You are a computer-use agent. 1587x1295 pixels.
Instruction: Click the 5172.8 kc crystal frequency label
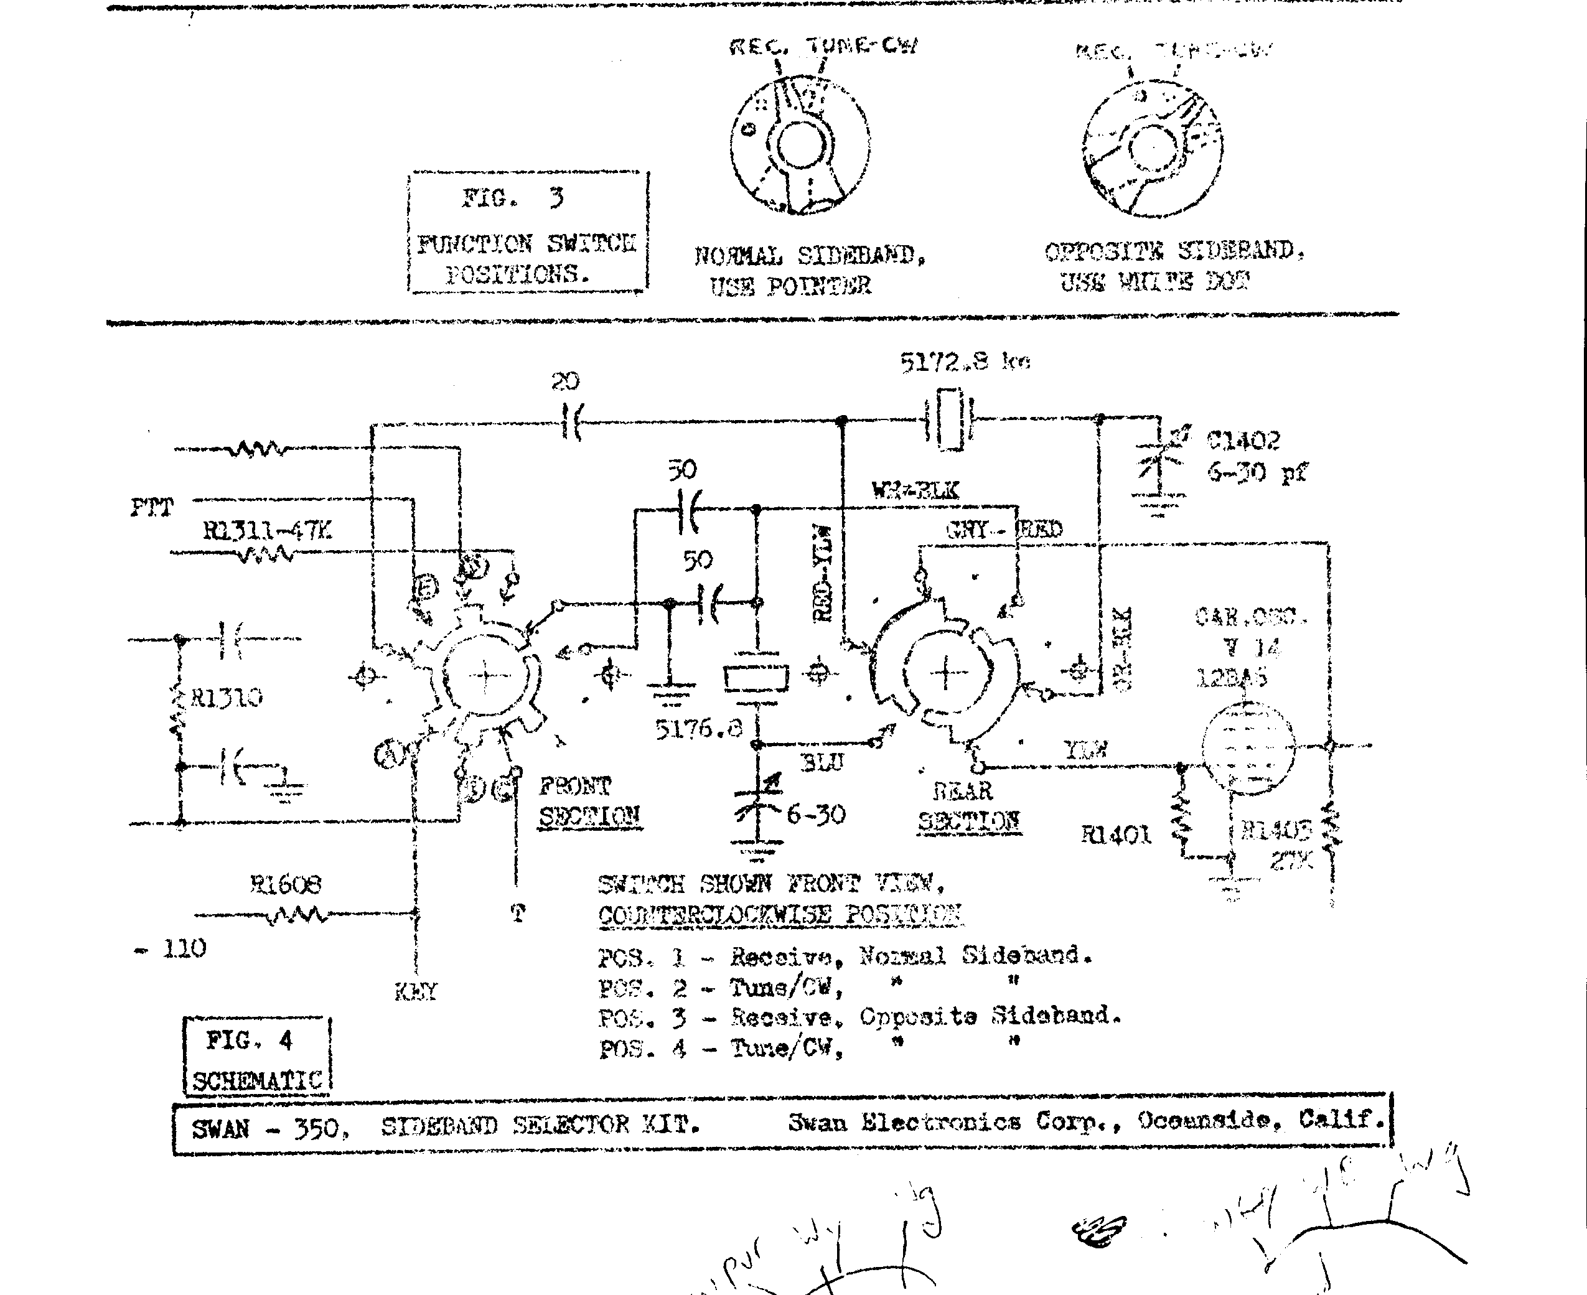click(x=964, y=363)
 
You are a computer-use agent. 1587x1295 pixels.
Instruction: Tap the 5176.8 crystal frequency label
click(x=699, y=729)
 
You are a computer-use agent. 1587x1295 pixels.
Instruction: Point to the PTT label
click(x=151, y=508)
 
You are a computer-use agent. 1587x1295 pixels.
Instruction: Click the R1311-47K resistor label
click(x=266, y=531)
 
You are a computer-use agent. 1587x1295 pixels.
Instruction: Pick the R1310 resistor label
click(x=226, y=698)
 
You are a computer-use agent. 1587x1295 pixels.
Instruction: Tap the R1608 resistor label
click(x=285, y=885)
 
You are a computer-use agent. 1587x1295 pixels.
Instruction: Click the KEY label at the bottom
click(x=416, y=991)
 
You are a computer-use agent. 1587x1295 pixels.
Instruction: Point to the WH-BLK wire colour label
click(x=915, y=491)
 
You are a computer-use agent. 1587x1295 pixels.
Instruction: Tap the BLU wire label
click(x=821, y=762)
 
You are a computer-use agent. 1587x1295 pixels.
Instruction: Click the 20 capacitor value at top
click(x=565, y=382)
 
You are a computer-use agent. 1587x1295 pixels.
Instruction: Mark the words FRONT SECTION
click(x=589, y=801)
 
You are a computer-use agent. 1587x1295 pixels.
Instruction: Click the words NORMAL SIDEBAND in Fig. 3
click(x=810, y=256)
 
